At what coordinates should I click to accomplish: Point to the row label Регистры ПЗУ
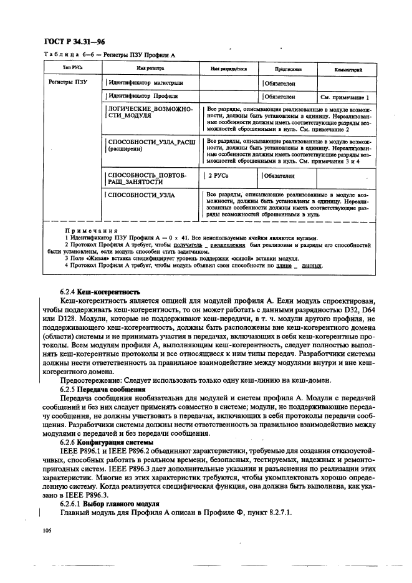[67, 82]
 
